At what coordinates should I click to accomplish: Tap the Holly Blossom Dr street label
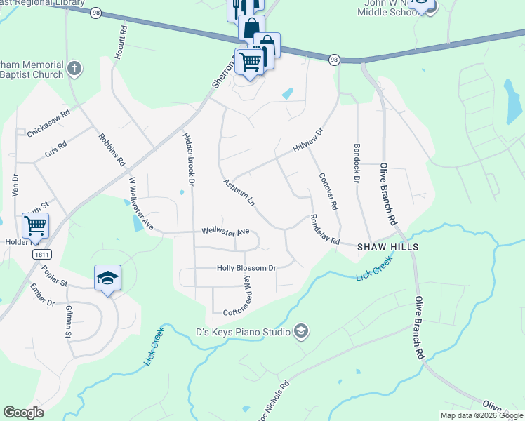click(246, 268)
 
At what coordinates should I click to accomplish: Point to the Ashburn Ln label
click(239, 194)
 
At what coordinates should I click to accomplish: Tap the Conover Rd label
click(328, 192)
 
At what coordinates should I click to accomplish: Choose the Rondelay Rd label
click(325, 230)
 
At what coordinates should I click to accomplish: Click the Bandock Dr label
click(357, 164)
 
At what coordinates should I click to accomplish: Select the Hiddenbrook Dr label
click(188, 154)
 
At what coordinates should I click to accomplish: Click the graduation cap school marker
click(107, 278)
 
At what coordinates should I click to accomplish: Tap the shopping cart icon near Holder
click(35, 226)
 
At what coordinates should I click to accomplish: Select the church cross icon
click(74, 70)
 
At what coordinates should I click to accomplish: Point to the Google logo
click(23, 413)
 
